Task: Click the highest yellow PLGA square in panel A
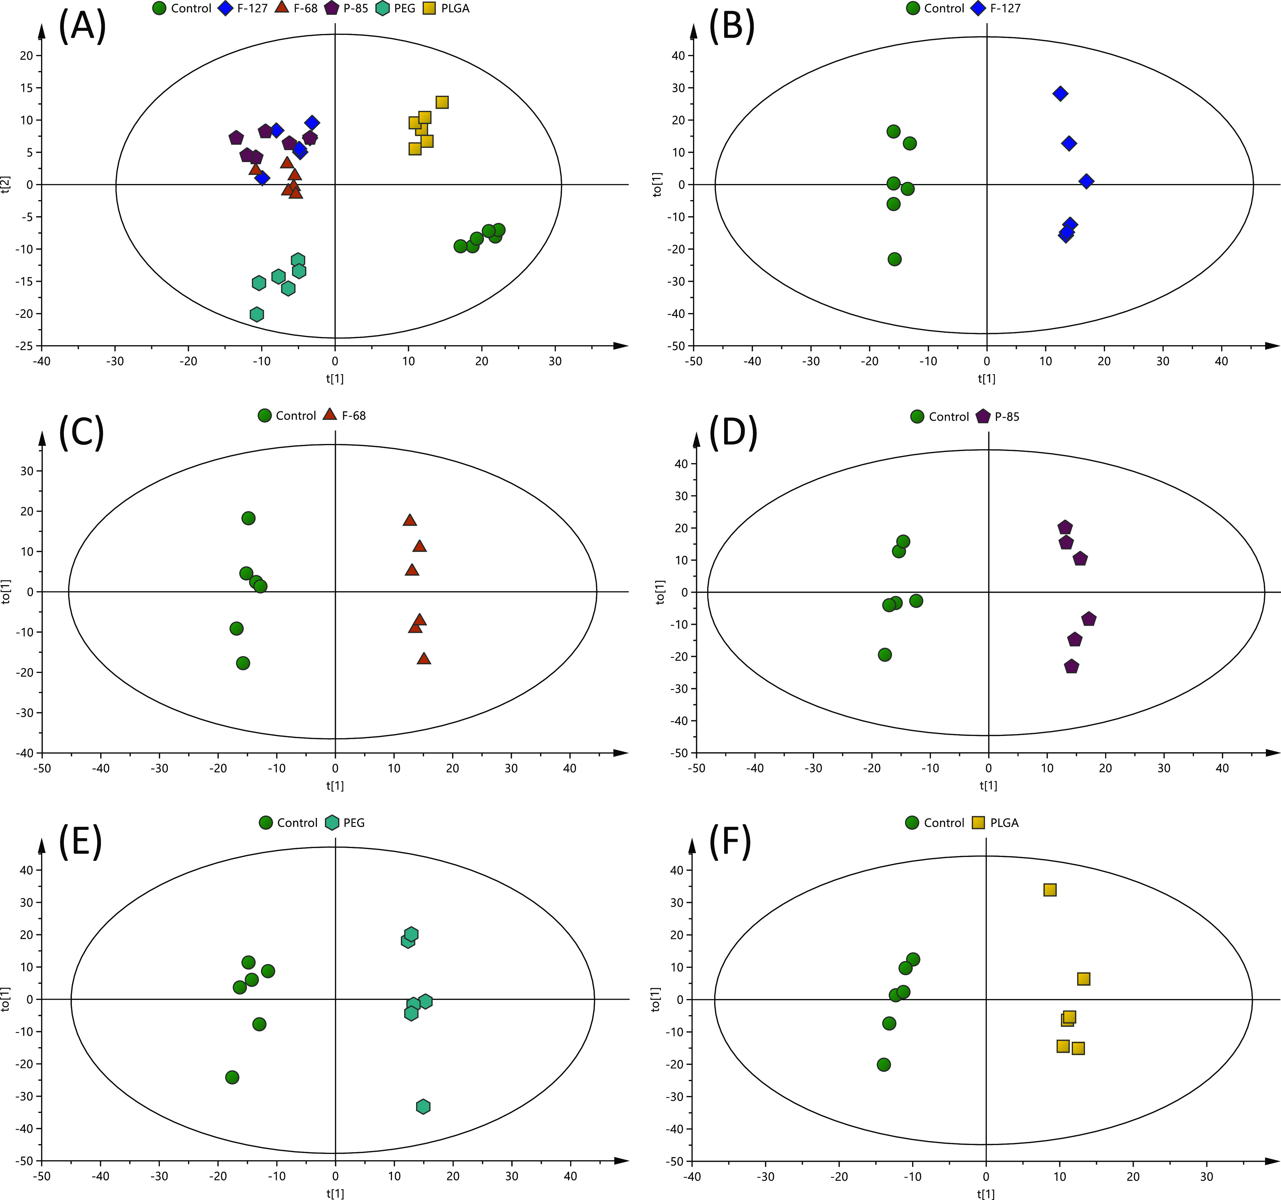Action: (442, 102)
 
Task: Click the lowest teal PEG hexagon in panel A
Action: (257, 315)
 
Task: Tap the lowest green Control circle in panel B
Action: (894, 259)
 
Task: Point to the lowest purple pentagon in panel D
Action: (1072, 667)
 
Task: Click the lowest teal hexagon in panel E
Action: (424, 1106)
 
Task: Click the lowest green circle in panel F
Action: (884, 1065)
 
